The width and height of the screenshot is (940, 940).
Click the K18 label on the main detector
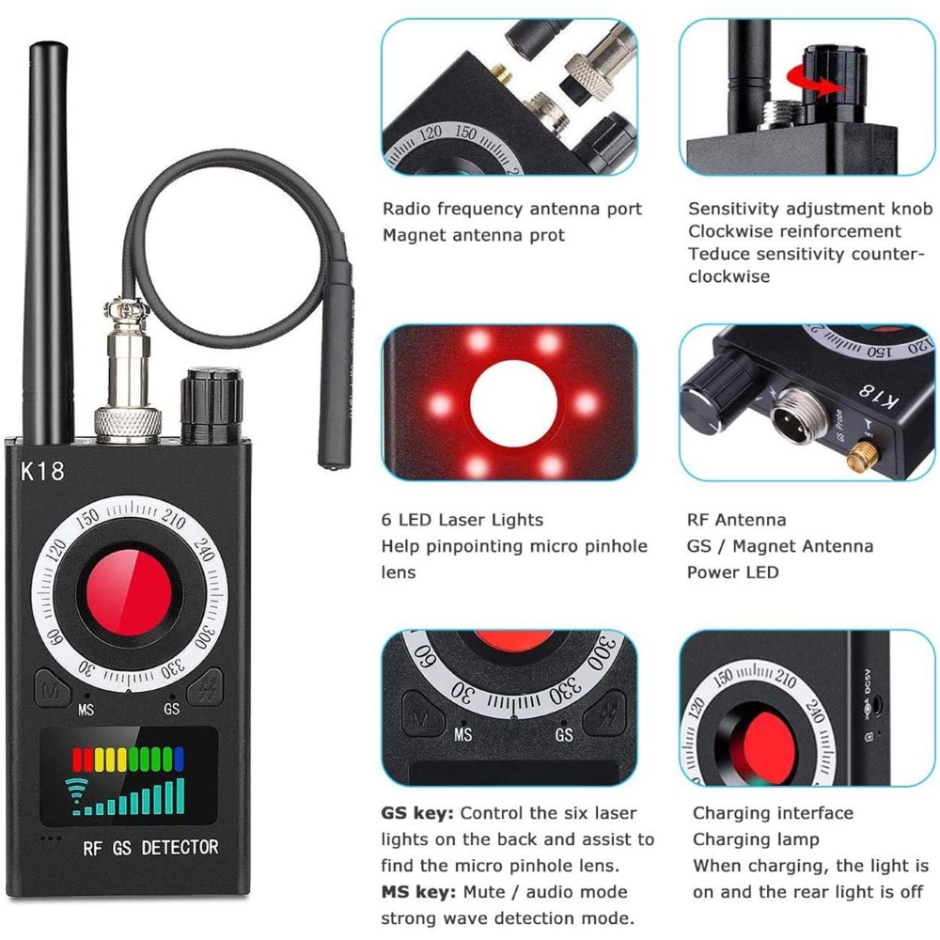point(42,471)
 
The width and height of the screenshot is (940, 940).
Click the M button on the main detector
point(52,689)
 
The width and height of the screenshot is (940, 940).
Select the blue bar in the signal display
point(179,759)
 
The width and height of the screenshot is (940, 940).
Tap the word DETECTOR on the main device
point(180,847)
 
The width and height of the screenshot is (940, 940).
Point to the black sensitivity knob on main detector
point(211,406)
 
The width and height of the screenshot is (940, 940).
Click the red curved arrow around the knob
point(815,81)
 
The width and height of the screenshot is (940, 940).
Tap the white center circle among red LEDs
point(514,403)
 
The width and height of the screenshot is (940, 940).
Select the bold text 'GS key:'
point(417,813)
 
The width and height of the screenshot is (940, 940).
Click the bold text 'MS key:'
point(418,892)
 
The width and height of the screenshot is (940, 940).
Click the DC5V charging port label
point(867,682)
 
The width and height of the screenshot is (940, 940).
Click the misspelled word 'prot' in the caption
point(547,236)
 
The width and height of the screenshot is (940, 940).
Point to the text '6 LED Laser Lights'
point(462,520)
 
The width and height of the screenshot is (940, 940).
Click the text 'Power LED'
point(732,572)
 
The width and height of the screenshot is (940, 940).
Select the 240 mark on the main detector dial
point(204,548)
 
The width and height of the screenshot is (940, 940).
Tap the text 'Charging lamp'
point(756,839)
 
